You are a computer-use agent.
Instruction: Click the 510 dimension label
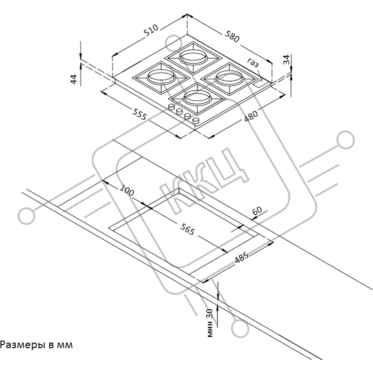[x=152, y=30]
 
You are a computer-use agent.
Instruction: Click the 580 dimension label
[x=232, y=36]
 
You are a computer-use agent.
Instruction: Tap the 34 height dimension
[x=287, y=59]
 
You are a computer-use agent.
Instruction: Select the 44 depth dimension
[x=74, y=79]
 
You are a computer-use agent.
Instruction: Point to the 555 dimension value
[x=140, y=114]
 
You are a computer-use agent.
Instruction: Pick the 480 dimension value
[x=251, y=116]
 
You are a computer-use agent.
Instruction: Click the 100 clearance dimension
[x=127, y=191]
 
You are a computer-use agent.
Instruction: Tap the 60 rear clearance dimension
[x=257, y=210]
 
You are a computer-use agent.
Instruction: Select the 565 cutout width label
[x=188, y=229]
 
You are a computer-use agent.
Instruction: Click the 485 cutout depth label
[x=242, y=257]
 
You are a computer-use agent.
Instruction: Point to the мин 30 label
[x=210, y=323]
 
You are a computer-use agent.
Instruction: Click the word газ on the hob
[x=252, y=62]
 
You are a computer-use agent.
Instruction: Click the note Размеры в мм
[x=36, y=345]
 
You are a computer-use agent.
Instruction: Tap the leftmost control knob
[x=171, y=107]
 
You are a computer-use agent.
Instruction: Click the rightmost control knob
[x=196, y=120]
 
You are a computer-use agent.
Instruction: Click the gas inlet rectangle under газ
[x=260, y=83]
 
